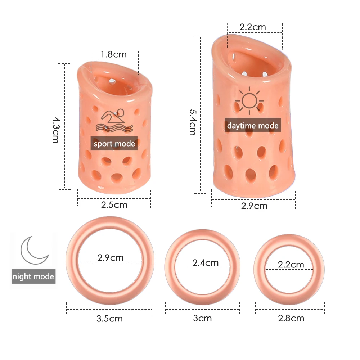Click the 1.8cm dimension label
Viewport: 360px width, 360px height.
114,54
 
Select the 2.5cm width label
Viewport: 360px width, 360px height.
114,205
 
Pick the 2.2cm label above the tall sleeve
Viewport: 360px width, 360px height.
253,27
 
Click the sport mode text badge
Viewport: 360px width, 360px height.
114,144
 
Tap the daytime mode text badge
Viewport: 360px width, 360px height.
253,125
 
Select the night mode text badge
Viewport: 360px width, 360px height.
33,276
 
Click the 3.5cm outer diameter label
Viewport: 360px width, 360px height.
110,318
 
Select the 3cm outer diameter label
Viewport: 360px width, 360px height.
202,318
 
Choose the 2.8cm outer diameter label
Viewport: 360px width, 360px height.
291,318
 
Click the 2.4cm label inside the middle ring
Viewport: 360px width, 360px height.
206,262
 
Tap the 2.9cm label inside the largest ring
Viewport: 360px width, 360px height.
111,258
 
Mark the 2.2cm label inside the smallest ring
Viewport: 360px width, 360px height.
291,265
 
